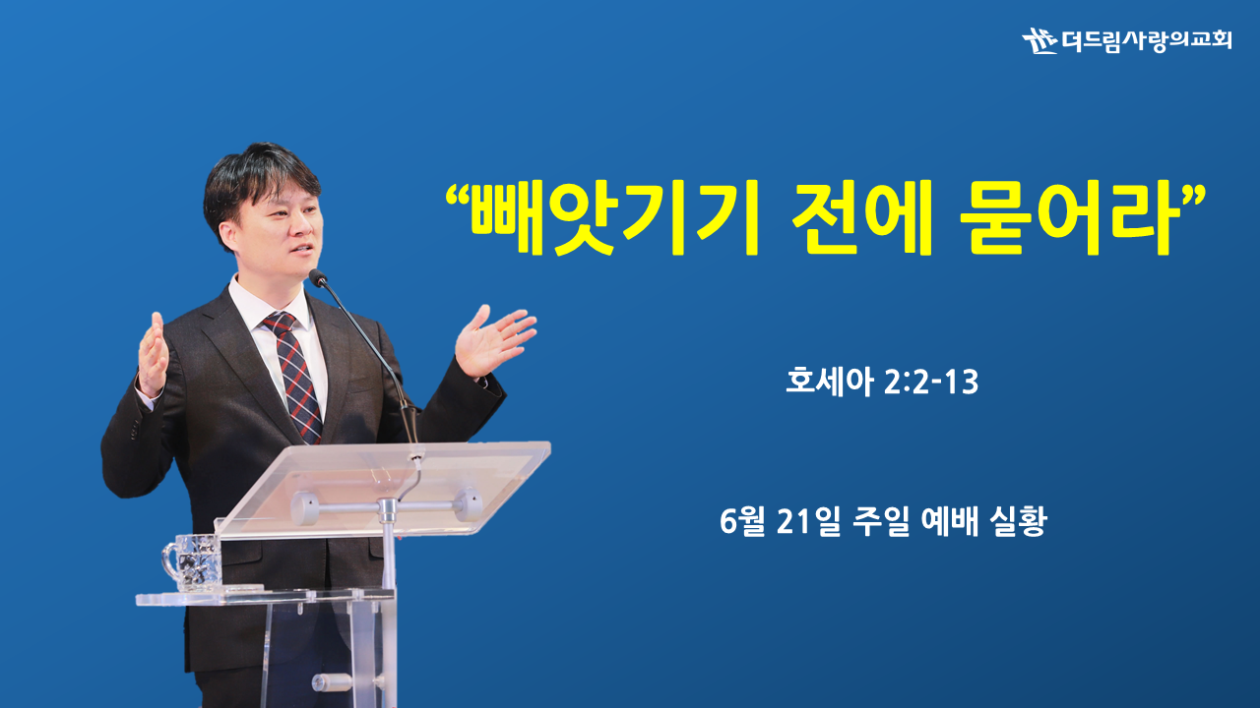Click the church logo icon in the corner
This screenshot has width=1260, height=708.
click(1039, 40)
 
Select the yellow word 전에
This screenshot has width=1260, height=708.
click(861, 218)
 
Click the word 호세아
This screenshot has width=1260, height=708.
click(829, 382)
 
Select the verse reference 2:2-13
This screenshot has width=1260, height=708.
click(931, 383)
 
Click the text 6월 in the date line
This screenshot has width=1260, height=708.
click(742, 521)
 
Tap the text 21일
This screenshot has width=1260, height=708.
click(808, 521)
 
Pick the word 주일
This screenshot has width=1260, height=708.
click(881, 521)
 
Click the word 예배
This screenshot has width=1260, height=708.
click(950, 521)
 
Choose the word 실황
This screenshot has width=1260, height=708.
click(1019, 521)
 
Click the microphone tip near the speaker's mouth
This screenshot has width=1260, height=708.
click(318, 277)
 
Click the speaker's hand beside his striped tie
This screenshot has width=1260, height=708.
click(153, 355)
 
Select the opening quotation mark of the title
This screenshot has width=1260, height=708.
click(458, 194)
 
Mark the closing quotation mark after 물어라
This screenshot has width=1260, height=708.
click(1192, 194)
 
